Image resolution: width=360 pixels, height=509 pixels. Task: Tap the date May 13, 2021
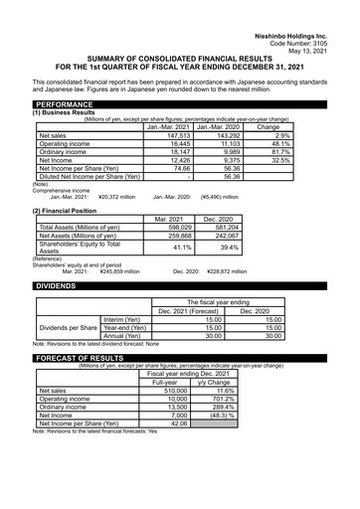tap(329, 24)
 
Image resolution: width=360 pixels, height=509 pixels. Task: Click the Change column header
tap(269, 127)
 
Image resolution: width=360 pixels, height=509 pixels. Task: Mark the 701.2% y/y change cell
tap(218, 399)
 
